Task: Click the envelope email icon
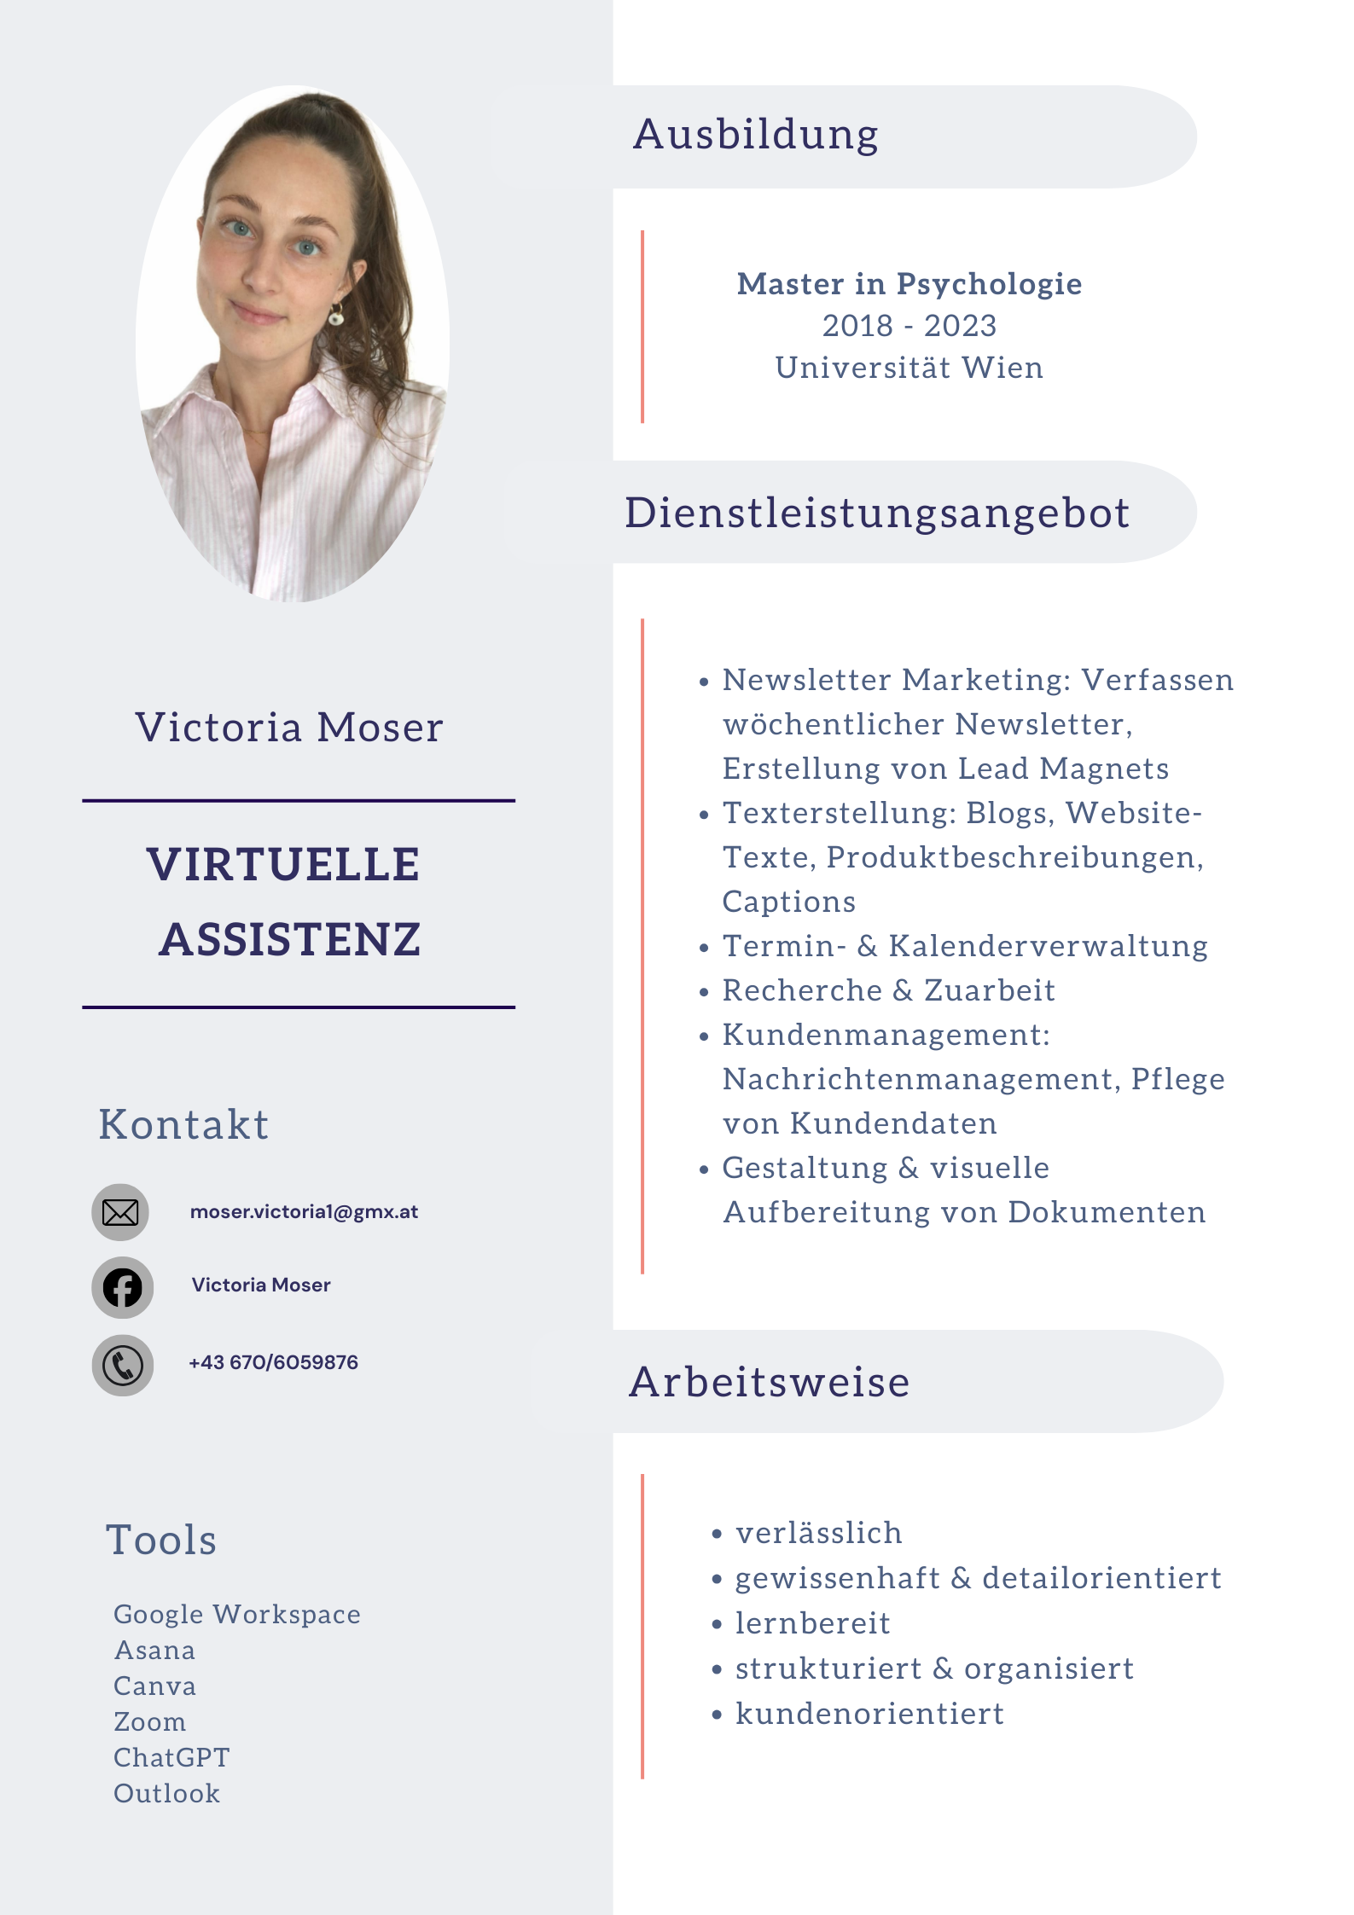(120, 1212)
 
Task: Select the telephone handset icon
(123, 1366)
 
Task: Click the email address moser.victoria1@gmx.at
(304, 1212)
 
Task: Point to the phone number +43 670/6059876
(273, 1362)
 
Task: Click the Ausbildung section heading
(756, 135)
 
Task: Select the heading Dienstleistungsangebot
(877, 514)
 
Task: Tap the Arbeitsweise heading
(770, 1383)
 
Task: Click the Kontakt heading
(183, 1124)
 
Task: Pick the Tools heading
(161, 1541)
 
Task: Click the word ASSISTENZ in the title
(290, 940)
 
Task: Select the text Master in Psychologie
(909, 284)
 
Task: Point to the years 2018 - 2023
(909, 326)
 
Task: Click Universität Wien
(909, 368)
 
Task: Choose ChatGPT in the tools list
(171, 1758)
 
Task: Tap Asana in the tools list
(154, 1651)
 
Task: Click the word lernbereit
(812, 1623)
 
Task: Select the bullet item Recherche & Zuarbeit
(888, 990)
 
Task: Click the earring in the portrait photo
(336, 316)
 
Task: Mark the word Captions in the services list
(789, 902)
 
